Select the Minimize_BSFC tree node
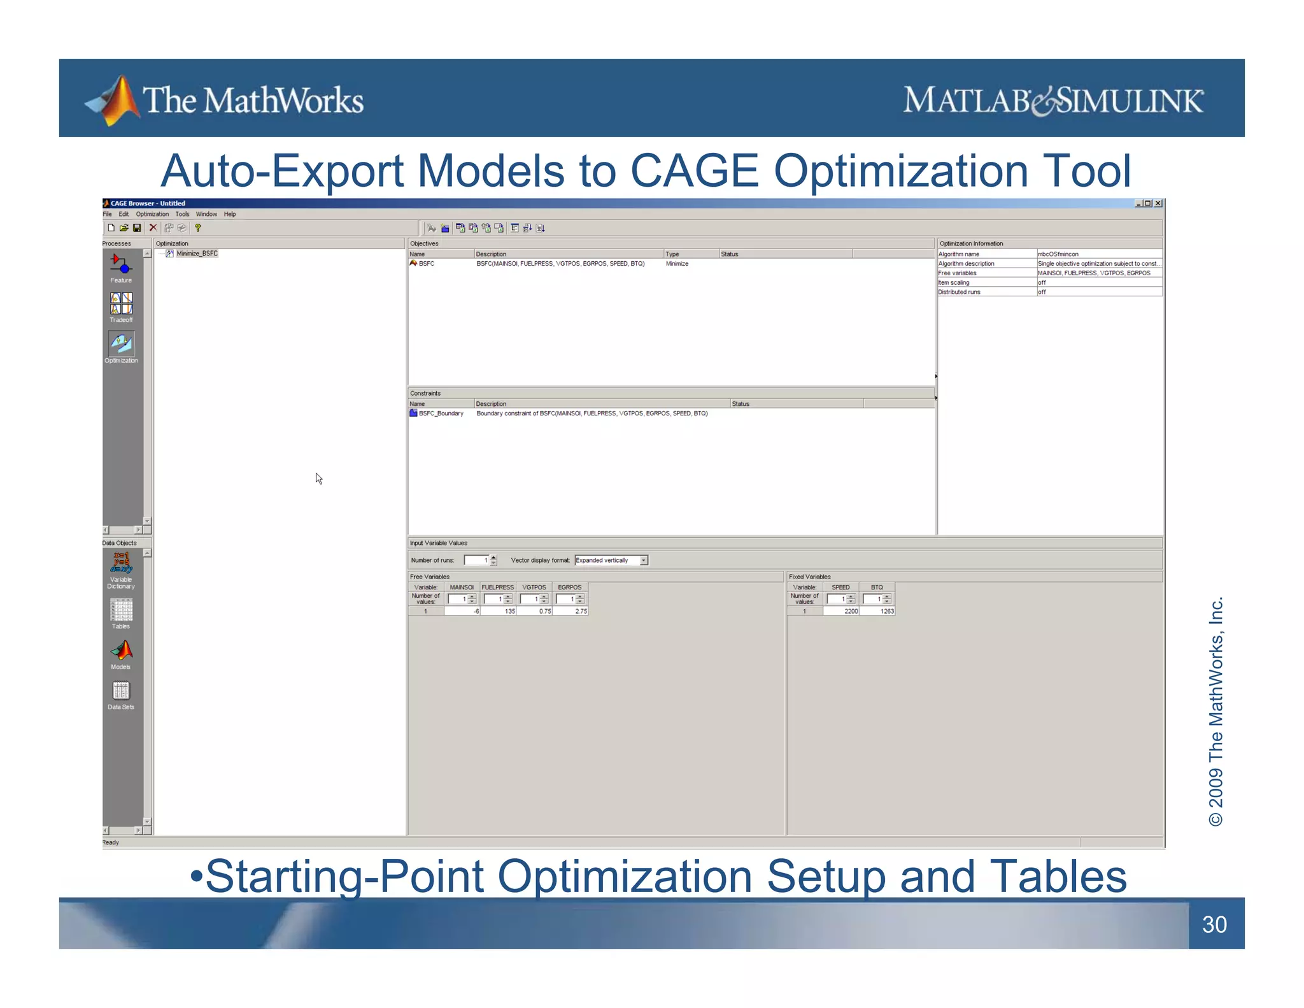point(197,254)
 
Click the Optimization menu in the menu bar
point(152,214)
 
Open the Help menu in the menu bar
point(230,214)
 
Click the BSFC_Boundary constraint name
point(441,414)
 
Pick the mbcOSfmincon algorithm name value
point(1058,254)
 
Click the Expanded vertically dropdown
point(611,560)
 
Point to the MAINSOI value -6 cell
point(462,611)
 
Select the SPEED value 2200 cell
point(841,611)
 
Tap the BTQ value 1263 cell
point(877,611)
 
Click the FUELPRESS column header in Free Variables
point(497,587)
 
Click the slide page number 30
point(1214,924)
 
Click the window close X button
point(1158,203)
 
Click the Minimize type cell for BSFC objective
point(677,264)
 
